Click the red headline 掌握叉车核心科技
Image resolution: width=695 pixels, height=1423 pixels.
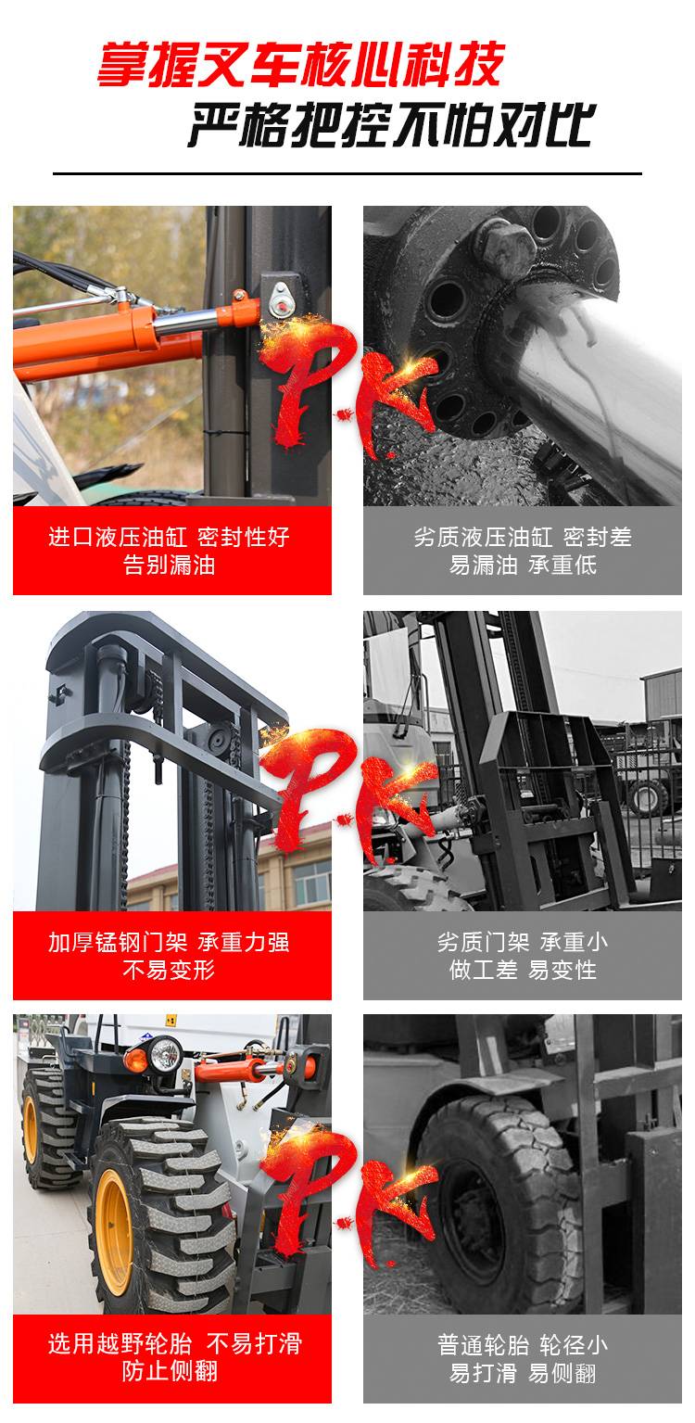pyautogui.click(x=300, y=64)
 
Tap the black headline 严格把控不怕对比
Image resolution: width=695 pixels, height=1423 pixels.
pyautogui.click(x=392, y=123)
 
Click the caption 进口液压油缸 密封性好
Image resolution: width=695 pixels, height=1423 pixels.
pyautogui.click(x=169, y=537)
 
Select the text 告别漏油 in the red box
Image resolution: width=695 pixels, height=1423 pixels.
pyautogui.click(x=169, y=565)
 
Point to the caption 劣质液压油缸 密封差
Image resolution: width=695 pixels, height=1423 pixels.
pyautogui.click(x=523, y=537)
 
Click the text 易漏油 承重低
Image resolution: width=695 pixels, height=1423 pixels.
pyautogui.click(x=523, y=565)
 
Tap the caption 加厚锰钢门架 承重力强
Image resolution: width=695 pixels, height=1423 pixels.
pyautogui.click(x=169, y=942)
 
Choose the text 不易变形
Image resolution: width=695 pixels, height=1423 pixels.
pyautogui.click(x=169, y=970)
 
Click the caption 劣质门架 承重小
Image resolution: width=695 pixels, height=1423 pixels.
pyautogui.click(x=523, y=942)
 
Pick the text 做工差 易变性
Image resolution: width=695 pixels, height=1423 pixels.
pyautogui.click(x=523, y=970)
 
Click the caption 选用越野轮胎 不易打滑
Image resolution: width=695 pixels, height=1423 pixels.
pyautogui.click(x=175, y=1343)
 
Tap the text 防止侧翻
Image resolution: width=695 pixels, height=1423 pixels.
pyautogui.click(x=169, y=1371)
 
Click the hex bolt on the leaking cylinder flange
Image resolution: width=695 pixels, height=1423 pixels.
pyautogui.click(x=506, y=244)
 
